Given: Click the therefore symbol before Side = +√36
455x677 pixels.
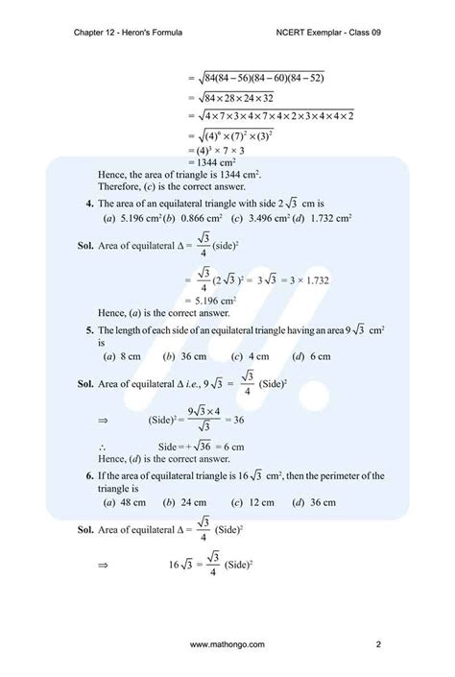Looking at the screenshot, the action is (103, 447).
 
